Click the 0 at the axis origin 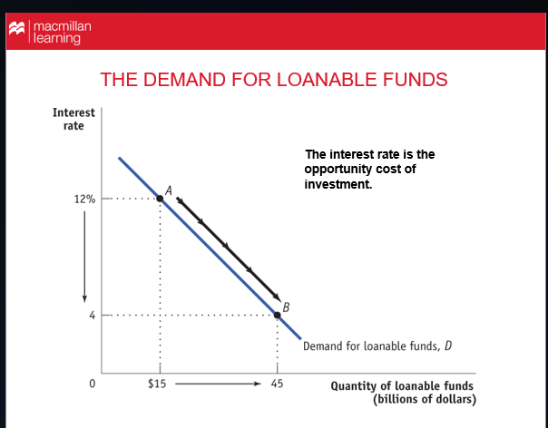coord(91,384)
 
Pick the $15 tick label coord(158,384)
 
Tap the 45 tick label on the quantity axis coord(277,384)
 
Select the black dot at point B coord(278,315)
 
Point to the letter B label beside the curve coord(287,306)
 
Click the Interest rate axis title coord(73,119)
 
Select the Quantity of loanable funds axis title coord(402,392)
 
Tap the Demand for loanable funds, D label coord(377,345)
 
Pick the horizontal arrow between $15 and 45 coord(218,384)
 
